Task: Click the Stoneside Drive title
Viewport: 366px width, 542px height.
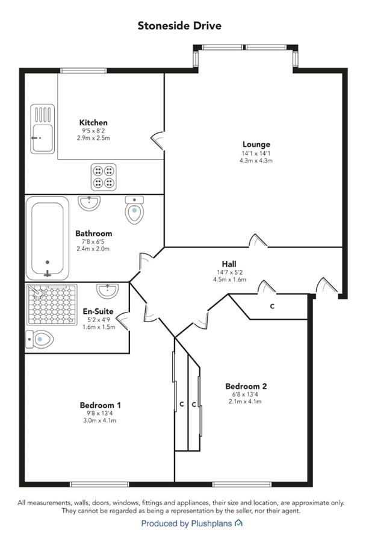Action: pyautogui.click(x=179, y=25)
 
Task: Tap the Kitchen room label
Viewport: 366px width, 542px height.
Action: pyautogui.click(x=93, y=122)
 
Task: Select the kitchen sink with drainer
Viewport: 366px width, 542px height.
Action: pyautogui.click(x=43, y=129)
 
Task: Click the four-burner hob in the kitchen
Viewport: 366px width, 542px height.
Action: pyautogui.click(x=104, y=176)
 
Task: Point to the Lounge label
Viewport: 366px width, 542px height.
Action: pyautogui.click(x=256, y=145)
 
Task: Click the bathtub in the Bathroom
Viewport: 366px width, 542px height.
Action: pyautogui.click(x=48, y=238)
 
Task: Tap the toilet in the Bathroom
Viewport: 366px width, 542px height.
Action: pyautogui.click(x=134, y=210)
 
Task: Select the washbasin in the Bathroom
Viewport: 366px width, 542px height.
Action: pyautogui.click(x=89, y=203)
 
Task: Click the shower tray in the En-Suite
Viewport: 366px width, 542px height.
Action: pyautogui.click(x=52, y=305)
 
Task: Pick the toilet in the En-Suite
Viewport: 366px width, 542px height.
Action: pyautogui.click(x=40, y=339)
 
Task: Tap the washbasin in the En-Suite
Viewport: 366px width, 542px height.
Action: pyautogui.click(x=108, y=291)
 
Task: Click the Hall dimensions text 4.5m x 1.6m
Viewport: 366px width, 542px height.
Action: pyautogui.click(x=229, y=279)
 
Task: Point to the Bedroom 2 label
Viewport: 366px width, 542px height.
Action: pyautogui.click(x=246, y=386)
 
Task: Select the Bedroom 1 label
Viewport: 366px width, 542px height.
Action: pyautogui.click(x=100, y=405)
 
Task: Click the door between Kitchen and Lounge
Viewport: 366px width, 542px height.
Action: pyautogui.click(x=159, y=140)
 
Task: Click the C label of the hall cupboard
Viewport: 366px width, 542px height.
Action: pyautogui.click(x=272, y=307)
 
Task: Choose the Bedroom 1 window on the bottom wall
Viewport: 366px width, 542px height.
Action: pyautogui.click(x=99, y=484)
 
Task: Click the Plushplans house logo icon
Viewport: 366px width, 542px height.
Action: pyautogui.click(x=238, y=523)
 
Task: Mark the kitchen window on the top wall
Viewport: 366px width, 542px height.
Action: pyautogui.click(x=83, y=70)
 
